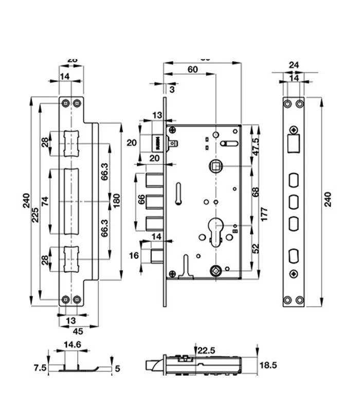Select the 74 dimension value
tap(46, 201)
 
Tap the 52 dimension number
tap(255, 249)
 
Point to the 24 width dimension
tap(294, 65)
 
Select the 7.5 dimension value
tap(40, 368)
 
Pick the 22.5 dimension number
tap(206, 350)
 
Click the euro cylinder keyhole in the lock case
tap(215, 229)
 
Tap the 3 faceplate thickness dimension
tap(172, 89)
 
